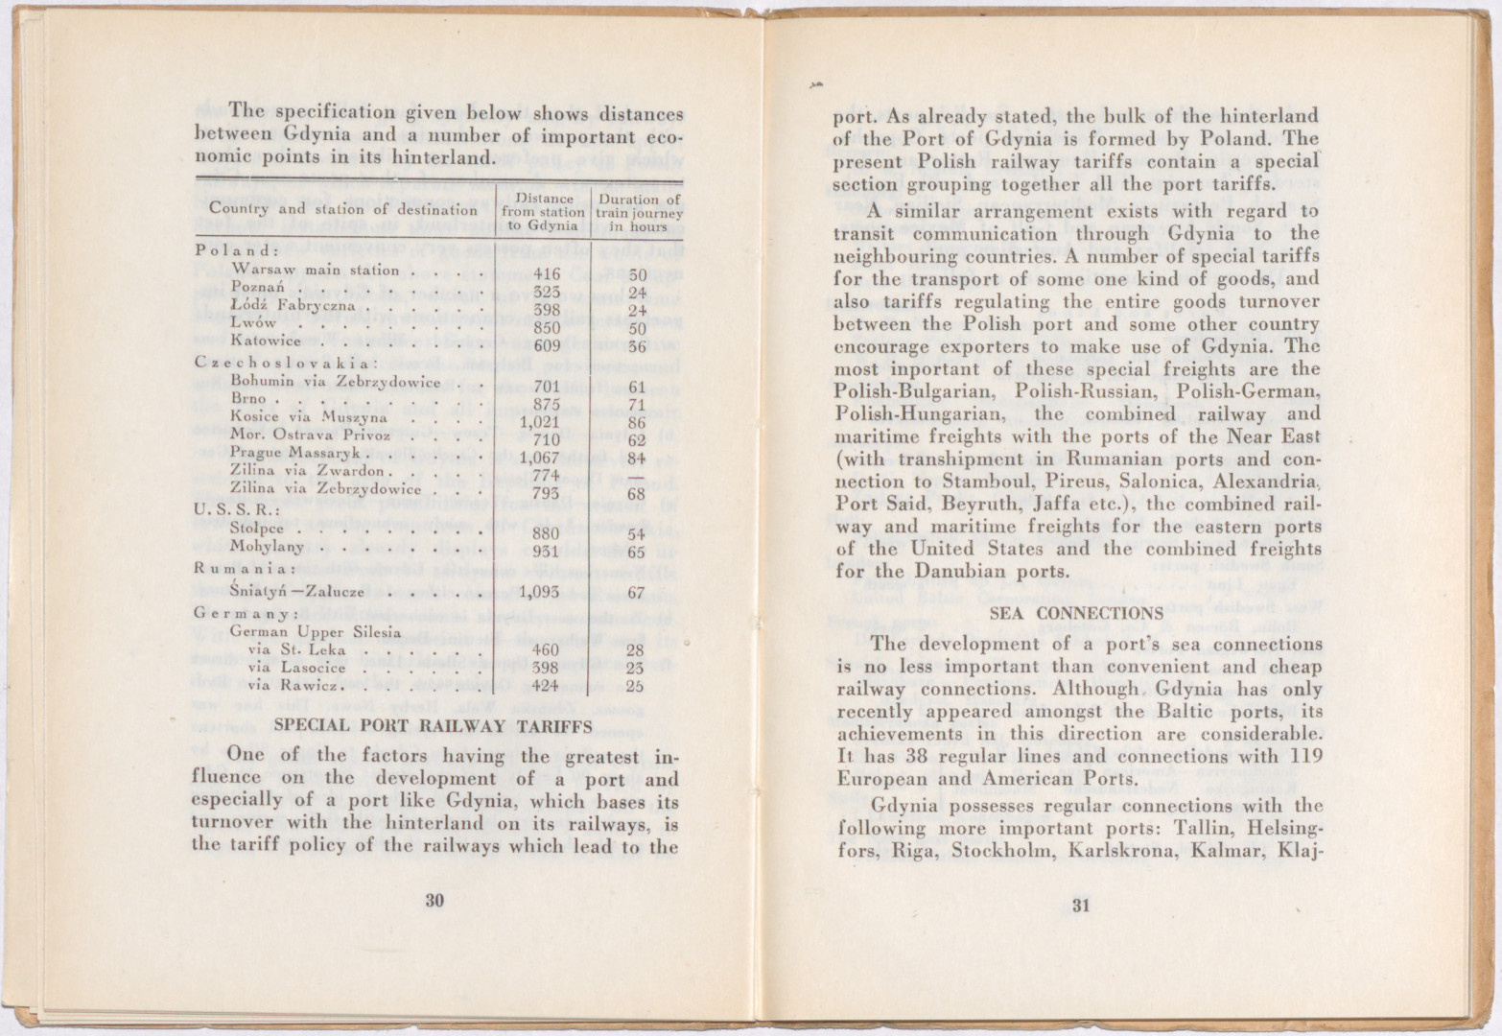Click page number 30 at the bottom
coord(435,900)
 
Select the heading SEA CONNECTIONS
coord(1075,613)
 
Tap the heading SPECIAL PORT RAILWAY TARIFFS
coord(434,726)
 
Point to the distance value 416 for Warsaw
coord(546,272)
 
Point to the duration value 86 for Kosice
coord(637,422)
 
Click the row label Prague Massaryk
coord(294,452)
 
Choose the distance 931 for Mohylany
coord(546,552)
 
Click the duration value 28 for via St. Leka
coord(634,650)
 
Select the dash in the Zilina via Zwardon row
coord(636,476)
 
